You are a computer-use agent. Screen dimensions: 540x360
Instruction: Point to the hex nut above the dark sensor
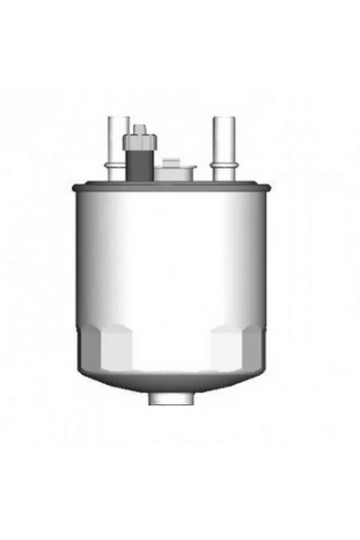pos(141,140)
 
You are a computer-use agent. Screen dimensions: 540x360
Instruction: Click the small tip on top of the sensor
pos(141,128)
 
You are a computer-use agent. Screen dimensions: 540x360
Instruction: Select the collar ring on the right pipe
pos(222,164)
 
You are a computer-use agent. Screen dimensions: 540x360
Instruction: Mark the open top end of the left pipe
pos(116,119)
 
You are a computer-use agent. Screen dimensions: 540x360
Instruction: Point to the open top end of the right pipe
pos(222,119)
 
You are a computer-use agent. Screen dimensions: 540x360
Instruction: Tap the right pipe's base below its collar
pos(222,175)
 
